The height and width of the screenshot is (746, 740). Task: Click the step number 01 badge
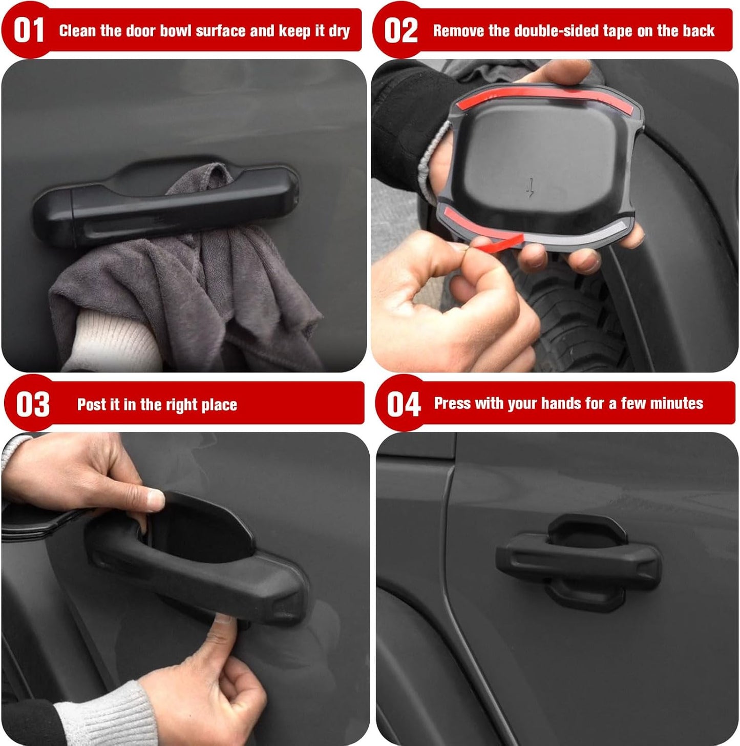coord(28,30)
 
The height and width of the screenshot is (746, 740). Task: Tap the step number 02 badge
coord(400,30)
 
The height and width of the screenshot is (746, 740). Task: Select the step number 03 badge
coord(32,404)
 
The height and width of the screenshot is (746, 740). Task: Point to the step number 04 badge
coord(403,404)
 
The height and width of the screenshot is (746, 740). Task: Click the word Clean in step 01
coord(77,31)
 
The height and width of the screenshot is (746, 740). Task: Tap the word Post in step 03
coord(91,405)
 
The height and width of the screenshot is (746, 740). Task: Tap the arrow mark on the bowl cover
coord(531,188)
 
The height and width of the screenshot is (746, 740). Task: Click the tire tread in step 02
coord(574,318)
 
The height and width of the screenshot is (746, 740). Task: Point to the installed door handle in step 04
coord(579,561)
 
